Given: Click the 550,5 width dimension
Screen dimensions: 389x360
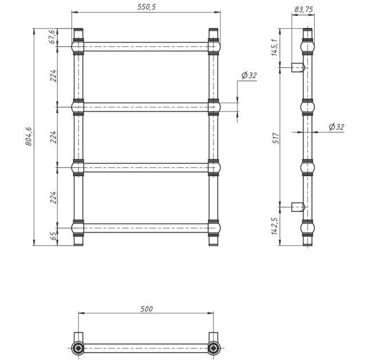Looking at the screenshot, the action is click(x=146, y=7).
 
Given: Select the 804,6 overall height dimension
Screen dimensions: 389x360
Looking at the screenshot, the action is click(x=29, y=136).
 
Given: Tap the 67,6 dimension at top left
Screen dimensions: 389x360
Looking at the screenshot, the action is click(x=53, y=37).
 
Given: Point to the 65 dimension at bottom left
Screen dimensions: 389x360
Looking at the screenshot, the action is click(x=53, y=236).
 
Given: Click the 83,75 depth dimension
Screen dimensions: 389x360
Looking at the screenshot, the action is click(x=304, y=9).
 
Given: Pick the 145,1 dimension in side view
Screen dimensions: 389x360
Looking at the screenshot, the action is click(x=275, y=47).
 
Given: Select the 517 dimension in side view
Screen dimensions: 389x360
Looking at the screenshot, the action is click(x=276, y=138).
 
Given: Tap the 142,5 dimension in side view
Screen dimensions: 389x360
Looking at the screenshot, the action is click(x=275, y=226).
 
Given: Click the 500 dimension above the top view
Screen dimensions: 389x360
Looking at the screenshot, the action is click(x=146, y=309).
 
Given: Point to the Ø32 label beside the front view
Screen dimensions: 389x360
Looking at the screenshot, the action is click(x=249, y=75).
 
